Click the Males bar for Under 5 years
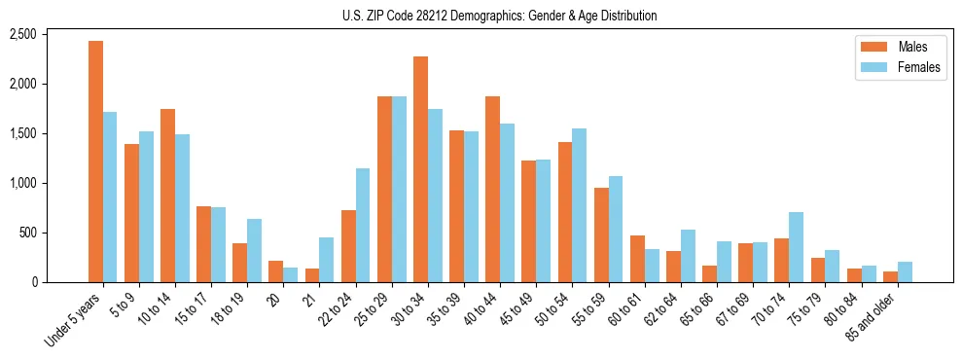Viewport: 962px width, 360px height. coord(95,162)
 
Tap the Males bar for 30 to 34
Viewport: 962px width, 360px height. coord(420,169)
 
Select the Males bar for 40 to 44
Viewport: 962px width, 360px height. coord(492,190)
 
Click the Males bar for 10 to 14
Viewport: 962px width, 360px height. coord(167,196)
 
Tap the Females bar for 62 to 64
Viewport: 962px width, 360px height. coord(688,256)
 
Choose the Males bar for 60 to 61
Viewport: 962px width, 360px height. coord(637,259)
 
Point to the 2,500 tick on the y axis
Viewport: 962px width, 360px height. coord(50,34)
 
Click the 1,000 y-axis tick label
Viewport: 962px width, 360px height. coord(50,183)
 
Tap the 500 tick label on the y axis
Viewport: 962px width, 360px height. coord(54,233)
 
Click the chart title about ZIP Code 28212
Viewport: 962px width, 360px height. coord(500,16)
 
